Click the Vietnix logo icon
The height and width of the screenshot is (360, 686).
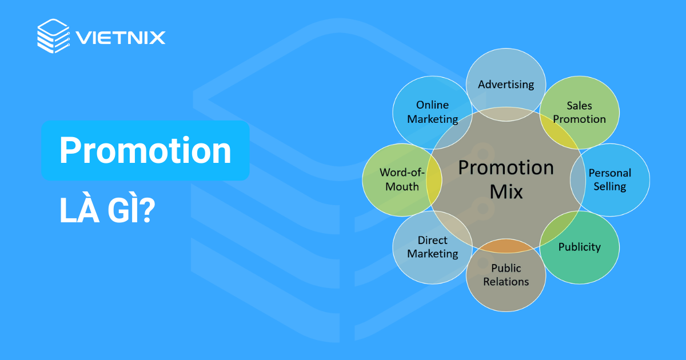(x=53, y=36)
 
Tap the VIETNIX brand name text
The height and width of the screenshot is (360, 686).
(x=120, y=38)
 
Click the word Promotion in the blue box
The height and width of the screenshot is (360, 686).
(x=145, y=151)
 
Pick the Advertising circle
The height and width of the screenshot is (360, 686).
(x=506, y=85)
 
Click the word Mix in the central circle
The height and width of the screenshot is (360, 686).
(x=506, y=191)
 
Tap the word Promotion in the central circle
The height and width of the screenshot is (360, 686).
(x=506, y=167)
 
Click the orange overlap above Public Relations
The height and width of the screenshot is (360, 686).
(x=506, y=246)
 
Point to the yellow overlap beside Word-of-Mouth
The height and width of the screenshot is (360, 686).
(x=434, y=179)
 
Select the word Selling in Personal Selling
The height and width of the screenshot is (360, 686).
(x=610, y=186)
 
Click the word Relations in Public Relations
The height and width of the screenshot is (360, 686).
(x=506, y=281)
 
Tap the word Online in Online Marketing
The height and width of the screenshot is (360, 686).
(x=432, y=105)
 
